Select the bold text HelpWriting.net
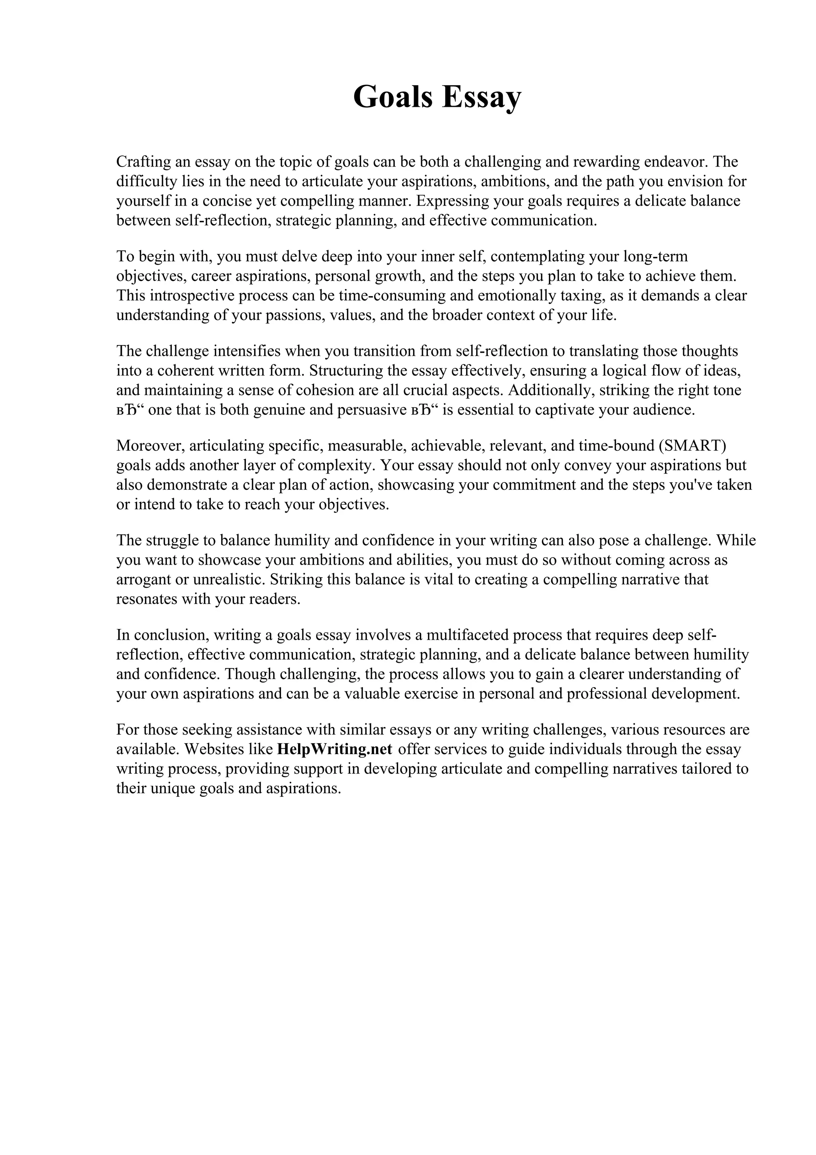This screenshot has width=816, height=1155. [x=334, y=749]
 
